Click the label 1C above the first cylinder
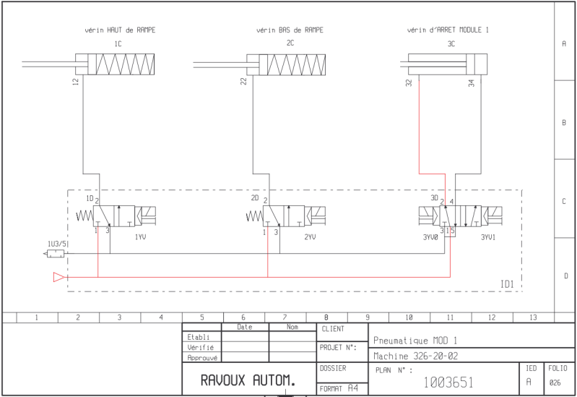pos(118,44)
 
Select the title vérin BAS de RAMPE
pos(290,30)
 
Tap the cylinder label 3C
pos(451,44)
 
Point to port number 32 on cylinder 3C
pos(409,83)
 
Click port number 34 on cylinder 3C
pos(472,83)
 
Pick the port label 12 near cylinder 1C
pos(76,82)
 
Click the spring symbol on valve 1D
pos(84,215)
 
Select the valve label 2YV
pos(310,236)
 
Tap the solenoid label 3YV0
pos(430,237)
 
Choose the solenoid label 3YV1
pos(488,237)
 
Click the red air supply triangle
pos(59,277)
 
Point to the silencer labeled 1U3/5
pos(55,254)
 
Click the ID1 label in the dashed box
pos(507,284)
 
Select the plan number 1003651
pos(448,383)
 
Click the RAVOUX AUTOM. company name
pos(248,380)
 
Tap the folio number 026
pos(555,383)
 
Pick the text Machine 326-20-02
pos(415,356)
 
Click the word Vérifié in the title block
pos(200,347)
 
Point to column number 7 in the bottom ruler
pos(285,317)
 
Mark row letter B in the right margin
pos(564,122)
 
